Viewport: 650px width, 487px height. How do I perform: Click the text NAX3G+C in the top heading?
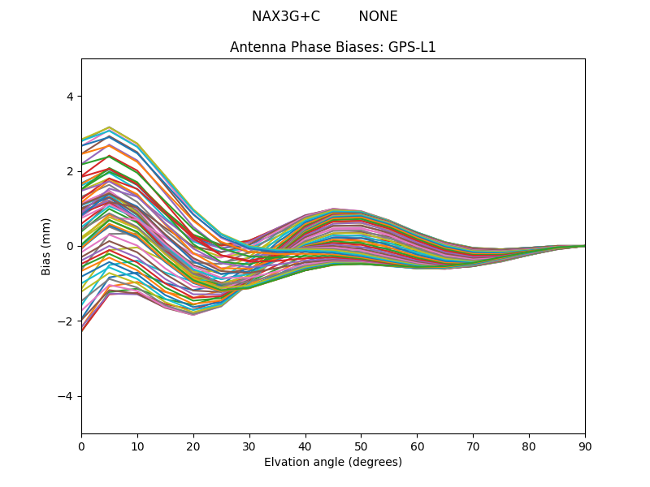click(285, 16)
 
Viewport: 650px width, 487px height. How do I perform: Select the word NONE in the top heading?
click(378, 16)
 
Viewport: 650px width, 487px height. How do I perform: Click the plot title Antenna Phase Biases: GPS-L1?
click(333, 47)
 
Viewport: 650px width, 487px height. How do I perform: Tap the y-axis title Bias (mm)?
click(46, 246)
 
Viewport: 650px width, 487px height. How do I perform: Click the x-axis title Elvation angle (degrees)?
click(333, 463)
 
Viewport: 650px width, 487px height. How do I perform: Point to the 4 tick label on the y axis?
click(69, 96)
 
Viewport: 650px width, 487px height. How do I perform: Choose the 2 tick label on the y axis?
click(69, 171)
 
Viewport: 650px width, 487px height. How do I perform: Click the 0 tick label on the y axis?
click(69, 246)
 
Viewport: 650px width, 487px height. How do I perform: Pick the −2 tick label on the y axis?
click(66, 321)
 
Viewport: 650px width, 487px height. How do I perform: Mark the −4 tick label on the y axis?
click(66, 396)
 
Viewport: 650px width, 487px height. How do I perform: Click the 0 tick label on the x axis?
click(81, 446)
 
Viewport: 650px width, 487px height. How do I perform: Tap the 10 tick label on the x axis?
click(137, 446)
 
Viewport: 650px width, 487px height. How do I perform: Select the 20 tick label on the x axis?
click(193, 446)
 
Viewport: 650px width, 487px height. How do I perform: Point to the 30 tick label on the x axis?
click(249, 446)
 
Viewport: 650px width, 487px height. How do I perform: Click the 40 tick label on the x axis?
click(305, 446)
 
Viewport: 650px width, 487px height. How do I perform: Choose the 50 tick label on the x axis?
click(361, 446)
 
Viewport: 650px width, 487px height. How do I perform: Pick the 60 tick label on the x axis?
click(417, 446)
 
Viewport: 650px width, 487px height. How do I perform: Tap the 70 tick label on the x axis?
click(473, 446)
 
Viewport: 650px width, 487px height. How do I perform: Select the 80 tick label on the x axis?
click(529, 446)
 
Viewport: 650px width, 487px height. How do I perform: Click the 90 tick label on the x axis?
click(585, 446)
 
